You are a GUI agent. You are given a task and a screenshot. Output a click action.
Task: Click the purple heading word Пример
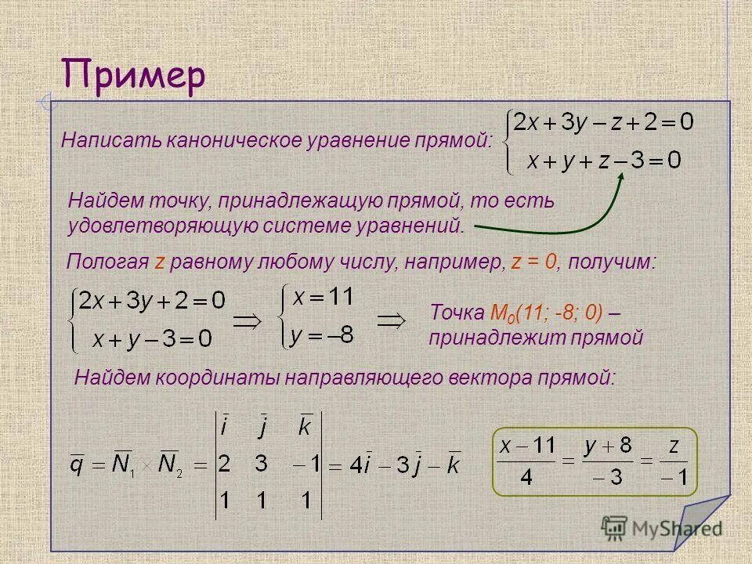click(x=134, y=77)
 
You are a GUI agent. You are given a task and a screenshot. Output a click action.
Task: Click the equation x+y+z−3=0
click(x=603, y=161)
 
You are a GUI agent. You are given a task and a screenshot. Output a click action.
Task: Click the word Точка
click(x=457, y=313)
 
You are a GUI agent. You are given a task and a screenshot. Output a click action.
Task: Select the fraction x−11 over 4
click(x=527, y=461)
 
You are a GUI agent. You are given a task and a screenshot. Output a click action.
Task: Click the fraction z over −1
click(x=672, y=461)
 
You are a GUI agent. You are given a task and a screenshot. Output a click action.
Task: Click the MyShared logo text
click(x=674, y=528)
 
